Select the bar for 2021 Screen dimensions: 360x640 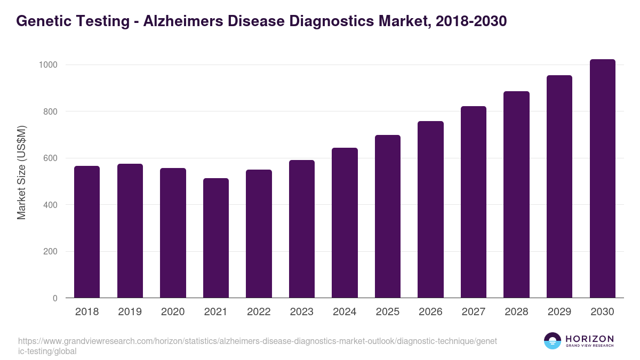click(x=216, y=238)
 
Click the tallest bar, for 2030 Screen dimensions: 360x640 click(x=603, y=179)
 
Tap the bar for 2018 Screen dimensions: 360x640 click(x=87, y=232)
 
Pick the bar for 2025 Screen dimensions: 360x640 click(x=388, y=217)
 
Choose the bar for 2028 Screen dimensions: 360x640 click(x=516, y=195)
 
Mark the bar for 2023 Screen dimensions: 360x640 click(x=302, y=229)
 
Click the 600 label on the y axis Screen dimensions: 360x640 click(x=50, y=158)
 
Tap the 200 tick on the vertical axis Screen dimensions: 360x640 click(x=50, y=252)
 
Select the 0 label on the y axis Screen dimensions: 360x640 click(x=54, y=299)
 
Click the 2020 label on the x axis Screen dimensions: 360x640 click(x=173, y=312)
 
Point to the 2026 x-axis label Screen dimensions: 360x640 click(x=430, y=312)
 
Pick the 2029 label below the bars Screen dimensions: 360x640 click(x=559, y=312)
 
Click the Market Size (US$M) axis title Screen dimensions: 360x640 click(x=21, y=172)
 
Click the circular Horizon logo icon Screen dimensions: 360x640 click(x=553, y=341)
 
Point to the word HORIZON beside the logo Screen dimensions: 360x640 click(x=589, y=339)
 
